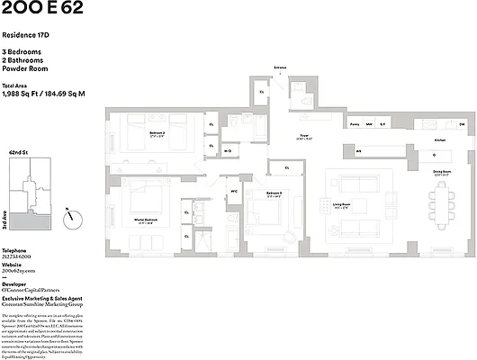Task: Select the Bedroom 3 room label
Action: (x=274, y=193)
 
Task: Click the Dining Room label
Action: (x=441, y=171)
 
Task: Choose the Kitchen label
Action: (x=440, y=140)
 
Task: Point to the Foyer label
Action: (x=305, y=136)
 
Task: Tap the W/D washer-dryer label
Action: (x=228, y=150)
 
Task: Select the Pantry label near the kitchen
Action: (x=355, y=125)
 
